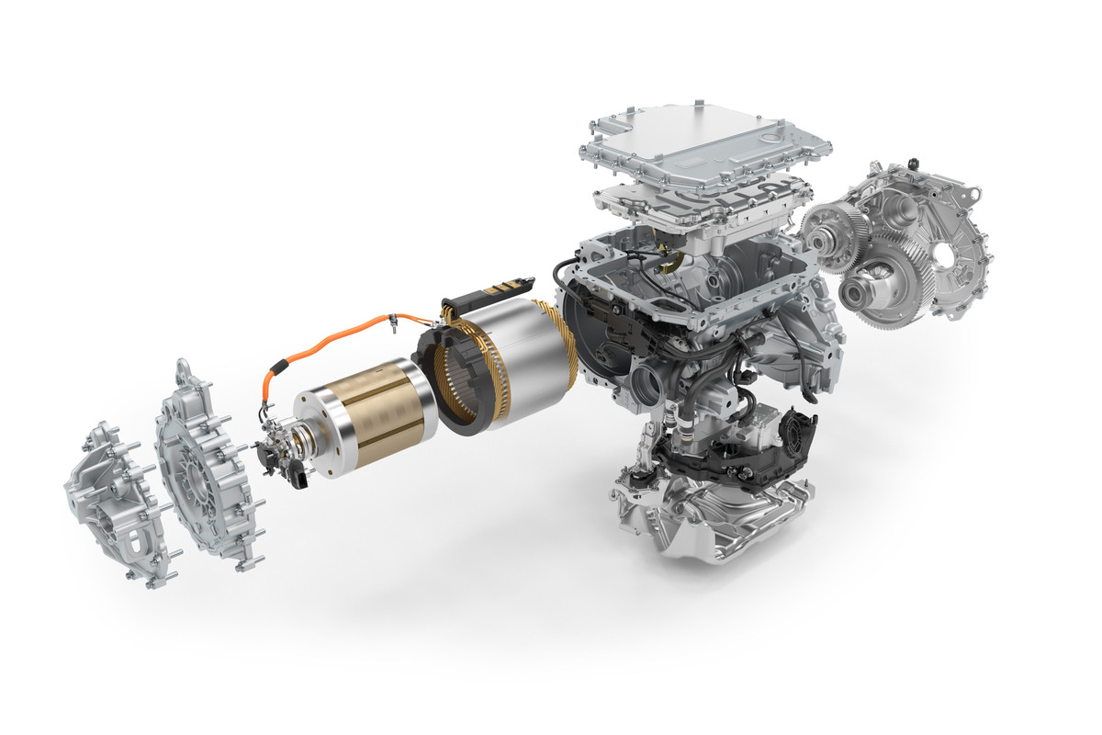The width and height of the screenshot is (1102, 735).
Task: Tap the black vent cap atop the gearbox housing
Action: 914,164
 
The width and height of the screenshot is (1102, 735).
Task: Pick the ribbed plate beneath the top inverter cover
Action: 703,199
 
